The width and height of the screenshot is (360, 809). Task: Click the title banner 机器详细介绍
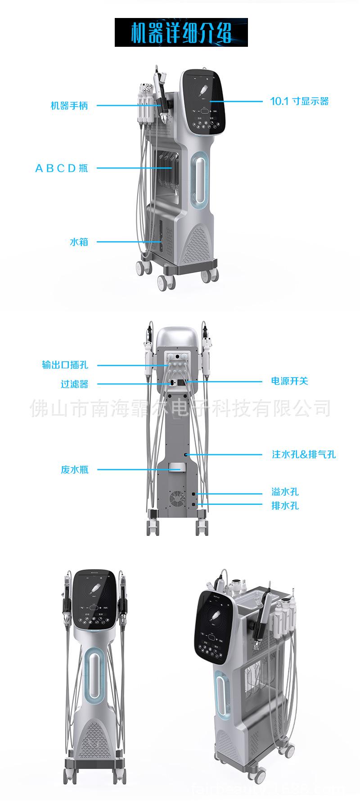coord(181,32)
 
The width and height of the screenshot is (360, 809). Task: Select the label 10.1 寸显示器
coord(299,101)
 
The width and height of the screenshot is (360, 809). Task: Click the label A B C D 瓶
coord(62,168)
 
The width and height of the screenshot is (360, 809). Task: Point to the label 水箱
coord(79,242)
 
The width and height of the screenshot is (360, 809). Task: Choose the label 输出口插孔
coord(65,365)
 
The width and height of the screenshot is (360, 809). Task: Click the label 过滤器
coord(74,384)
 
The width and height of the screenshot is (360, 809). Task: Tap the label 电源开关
coord(289,381)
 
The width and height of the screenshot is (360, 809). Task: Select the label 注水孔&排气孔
coord(304,454)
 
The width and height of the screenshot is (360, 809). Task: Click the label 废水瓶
coord(74,470)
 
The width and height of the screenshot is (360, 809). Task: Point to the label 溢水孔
coord(285,492)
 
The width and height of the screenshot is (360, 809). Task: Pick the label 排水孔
coord(285,505)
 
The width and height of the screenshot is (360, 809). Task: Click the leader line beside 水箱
coord(128,242)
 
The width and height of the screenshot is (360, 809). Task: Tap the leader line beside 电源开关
coord(225,382)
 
